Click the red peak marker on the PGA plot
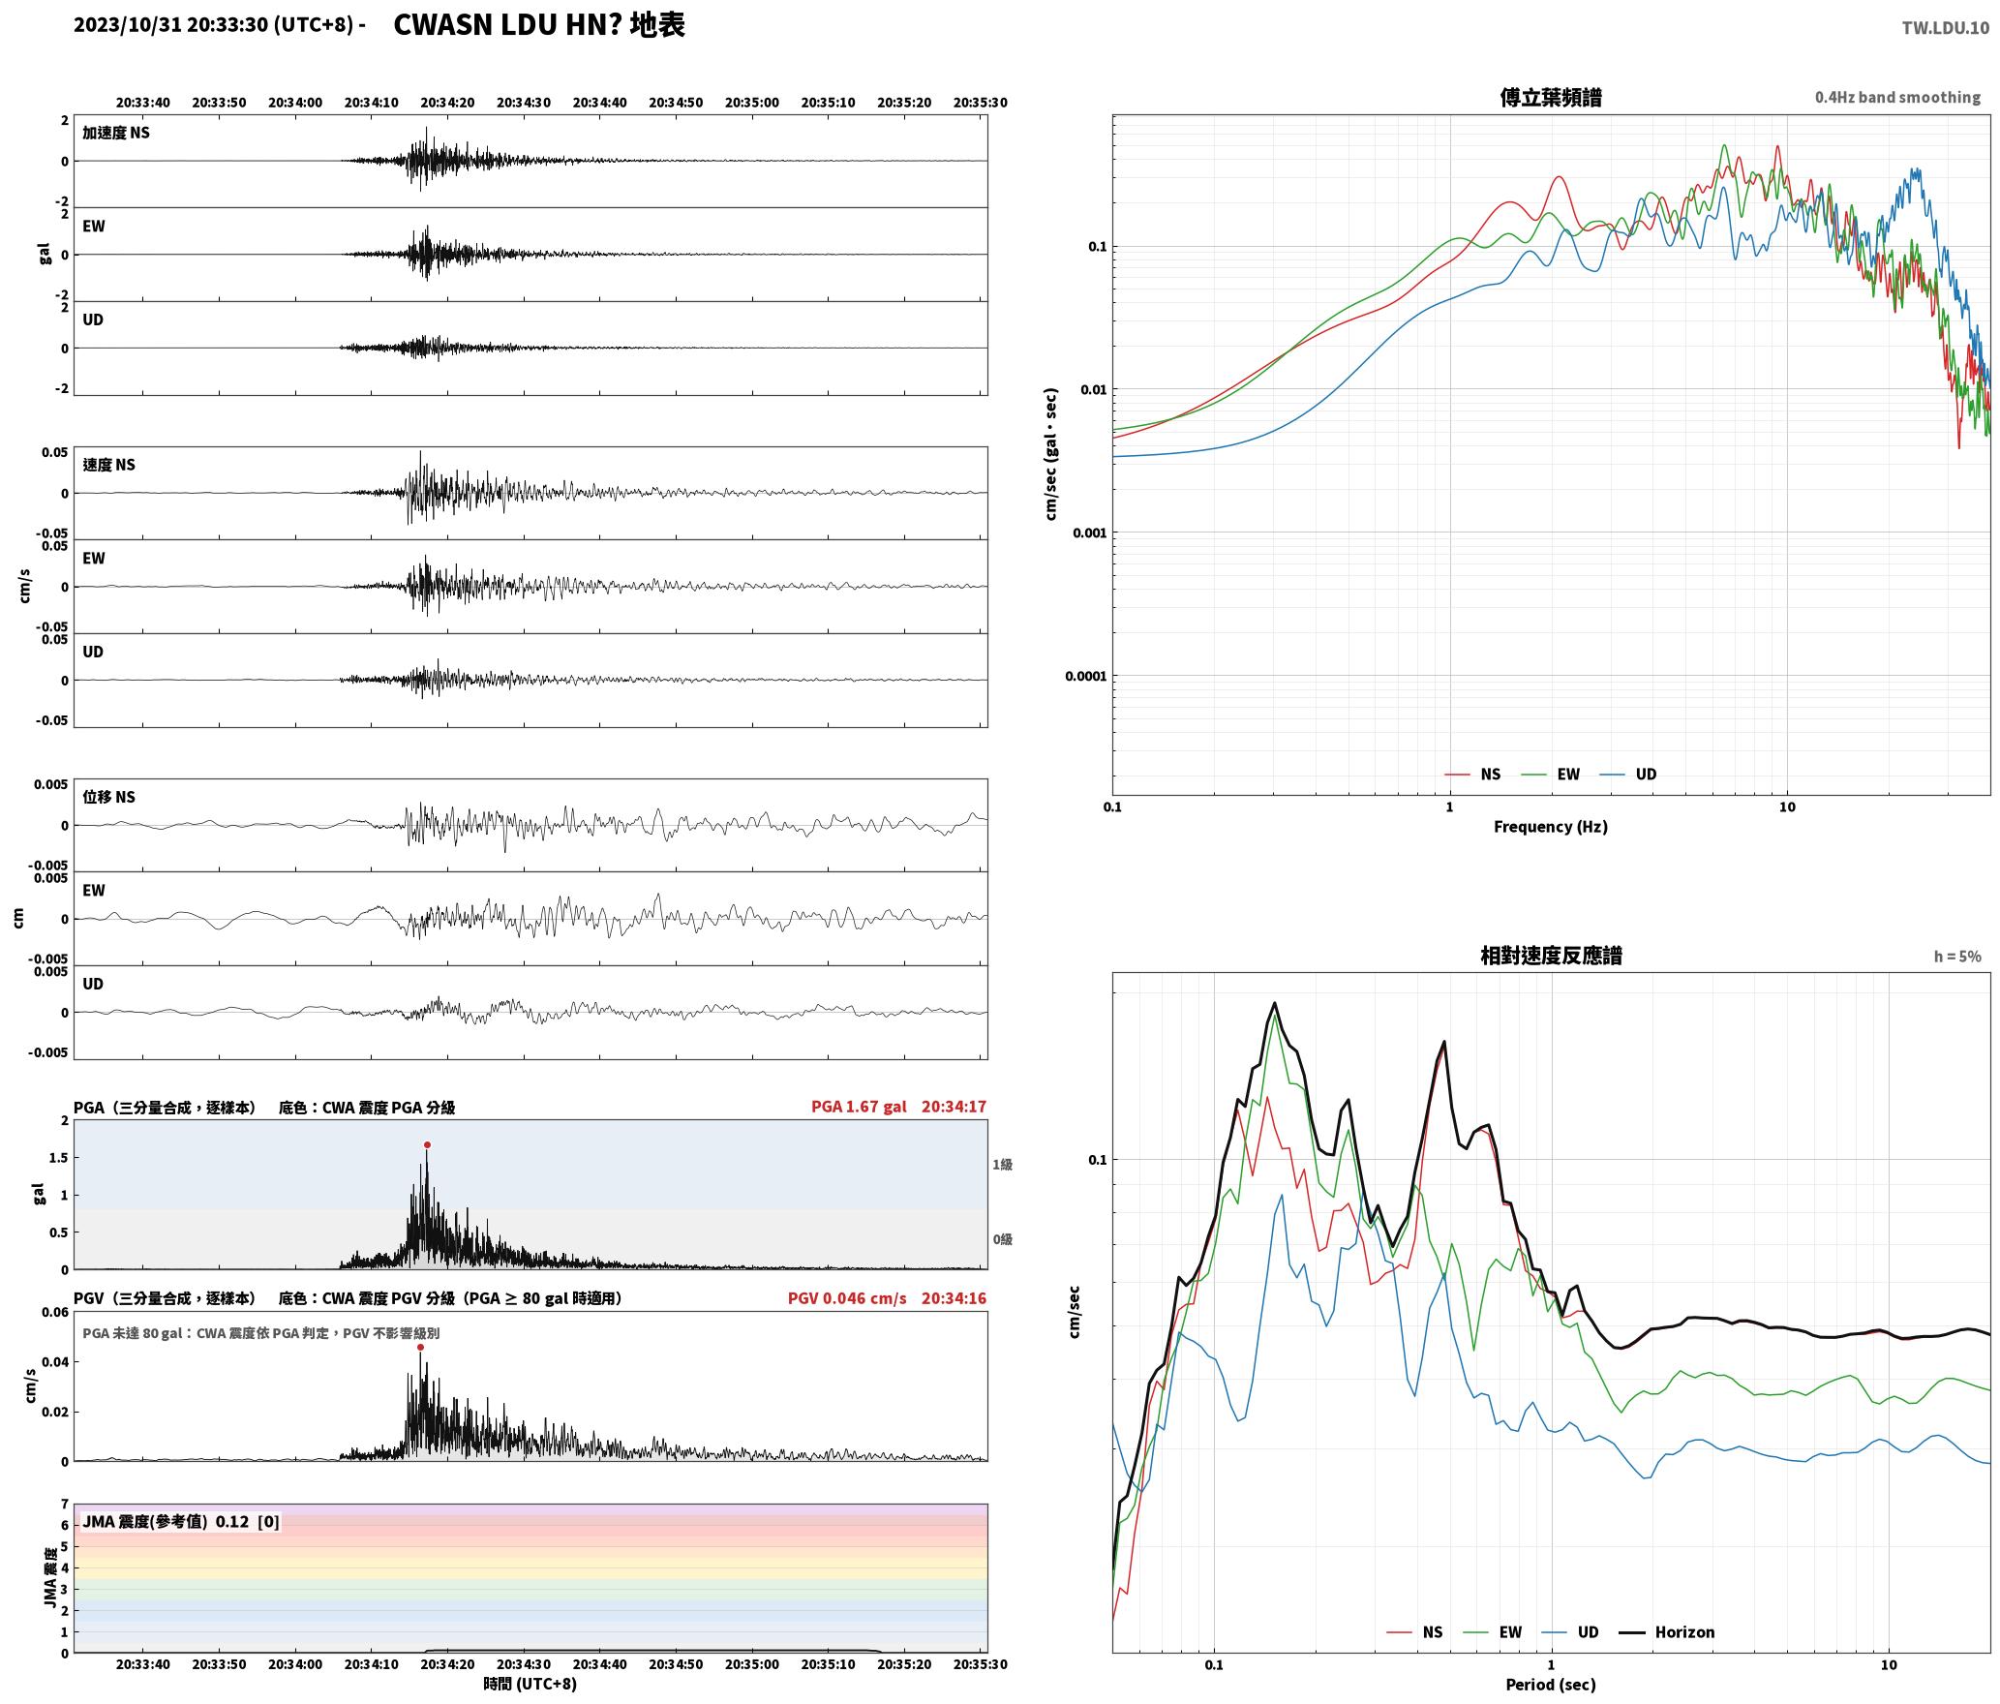(x=427, y=1144)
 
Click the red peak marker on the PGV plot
(x=420, y=1347)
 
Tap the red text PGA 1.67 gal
(x=859, y=1107)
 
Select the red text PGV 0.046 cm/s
(x=847, y=1298)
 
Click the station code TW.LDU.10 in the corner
(x=1946, y=28)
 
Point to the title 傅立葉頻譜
(x=1551, y=98)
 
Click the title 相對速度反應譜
(x=1551, y=956)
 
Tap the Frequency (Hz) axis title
(x=1551, y=827)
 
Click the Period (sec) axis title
(x=1551, y=1685)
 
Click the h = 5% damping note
(x=1957, y=957)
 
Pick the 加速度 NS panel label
(x=116, y=133)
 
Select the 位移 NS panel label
(x=108, y=797)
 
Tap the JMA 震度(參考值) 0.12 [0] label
(x=181, y=1522)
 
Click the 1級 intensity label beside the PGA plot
(x=1002, y=1165)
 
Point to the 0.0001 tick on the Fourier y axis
(x=1085, y=676)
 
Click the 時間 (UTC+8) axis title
(x=530, y=1684)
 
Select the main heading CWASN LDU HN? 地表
(x=539, y=25)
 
